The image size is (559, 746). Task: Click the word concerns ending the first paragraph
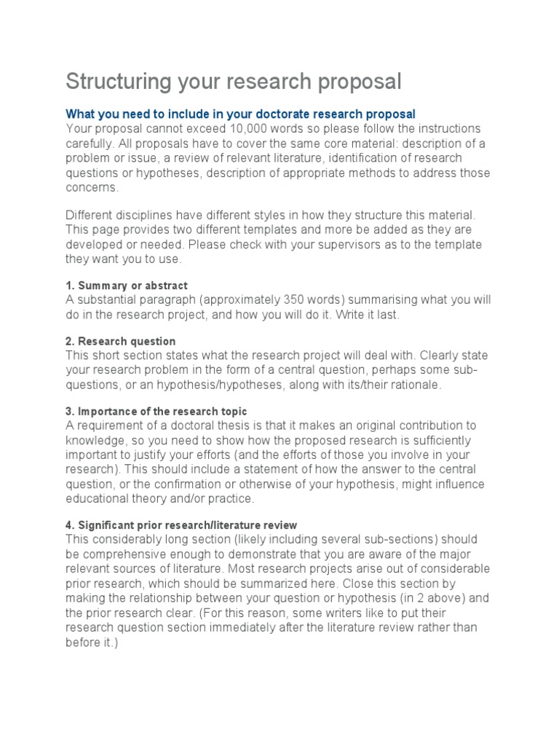91,187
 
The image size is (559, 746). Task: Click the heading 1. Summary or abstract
127,286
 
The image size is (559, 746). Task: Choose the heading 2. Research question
121,341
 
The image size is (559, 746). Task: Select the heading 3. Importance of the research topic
156,411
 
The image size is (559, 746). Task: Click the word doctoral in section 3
208,425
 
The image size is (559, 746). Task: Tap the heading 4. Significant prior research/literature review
181,525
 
